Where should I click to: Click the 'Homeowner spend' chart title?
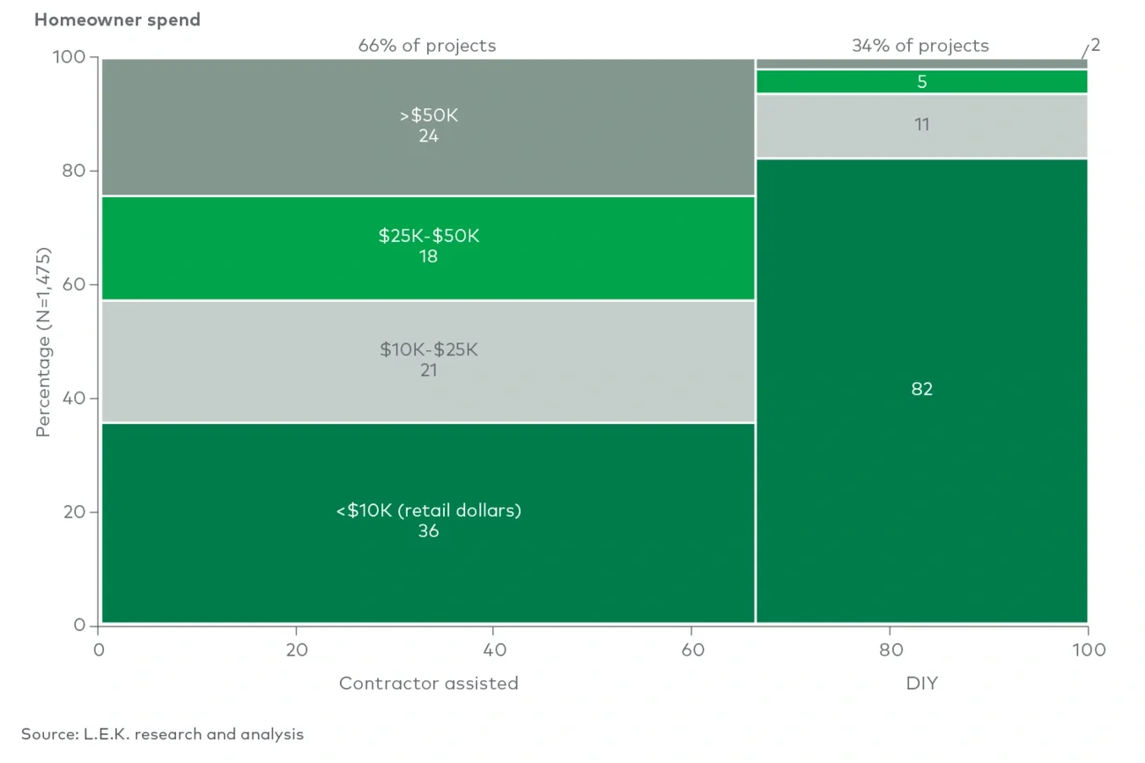tap(117, 19)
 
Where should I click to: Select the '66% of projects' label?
tap(426, 46)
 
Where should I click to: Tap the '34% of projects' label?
tap(920, 46)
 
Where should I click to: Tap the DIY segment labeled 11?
tap(921, 125)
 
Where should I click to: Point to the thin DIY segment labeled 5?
tap(921, 82)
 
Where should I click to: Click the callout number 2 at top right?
tap(1095, 46)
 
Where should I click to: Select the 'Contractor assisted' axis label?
tap(428, 683)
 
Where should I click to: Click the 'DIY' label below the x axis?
tap(921, 683)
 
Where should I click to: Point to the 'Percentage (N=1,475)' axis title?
tap(44, 341)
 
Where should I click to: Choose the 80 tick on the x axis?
tap(890, 650)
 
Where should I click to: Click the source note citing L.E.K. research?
tap(162, 734)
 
